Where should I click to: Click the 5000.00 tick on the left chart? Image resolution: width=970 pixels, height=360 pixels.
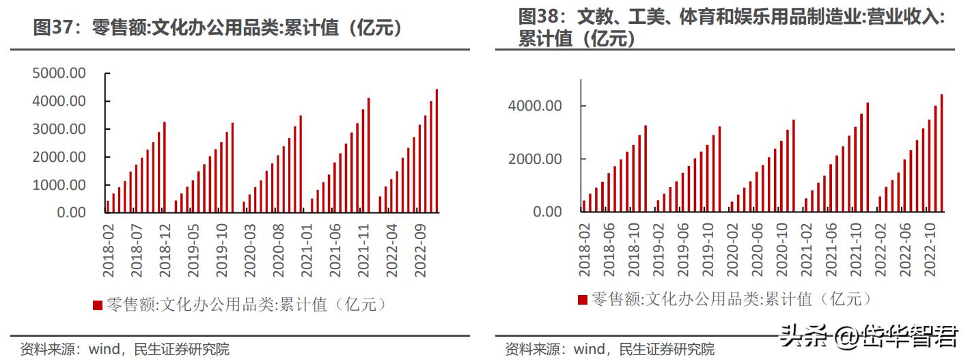click(59, 73)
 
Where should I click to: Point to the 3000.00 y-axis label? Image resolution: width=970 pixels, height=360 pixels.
click(59, 129)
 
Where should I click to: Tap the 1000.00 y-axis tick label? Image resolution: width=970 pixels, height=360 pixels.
click(59, 185)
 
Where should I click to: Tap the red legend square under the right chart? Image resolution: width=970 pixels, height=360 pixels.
click(582, 299)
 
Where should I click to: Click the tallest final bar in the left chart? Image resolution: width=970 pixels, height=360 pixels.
click(436, 150)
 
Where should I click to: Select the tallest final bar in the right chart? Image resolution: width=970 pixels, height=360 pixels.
click(941, 153)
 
